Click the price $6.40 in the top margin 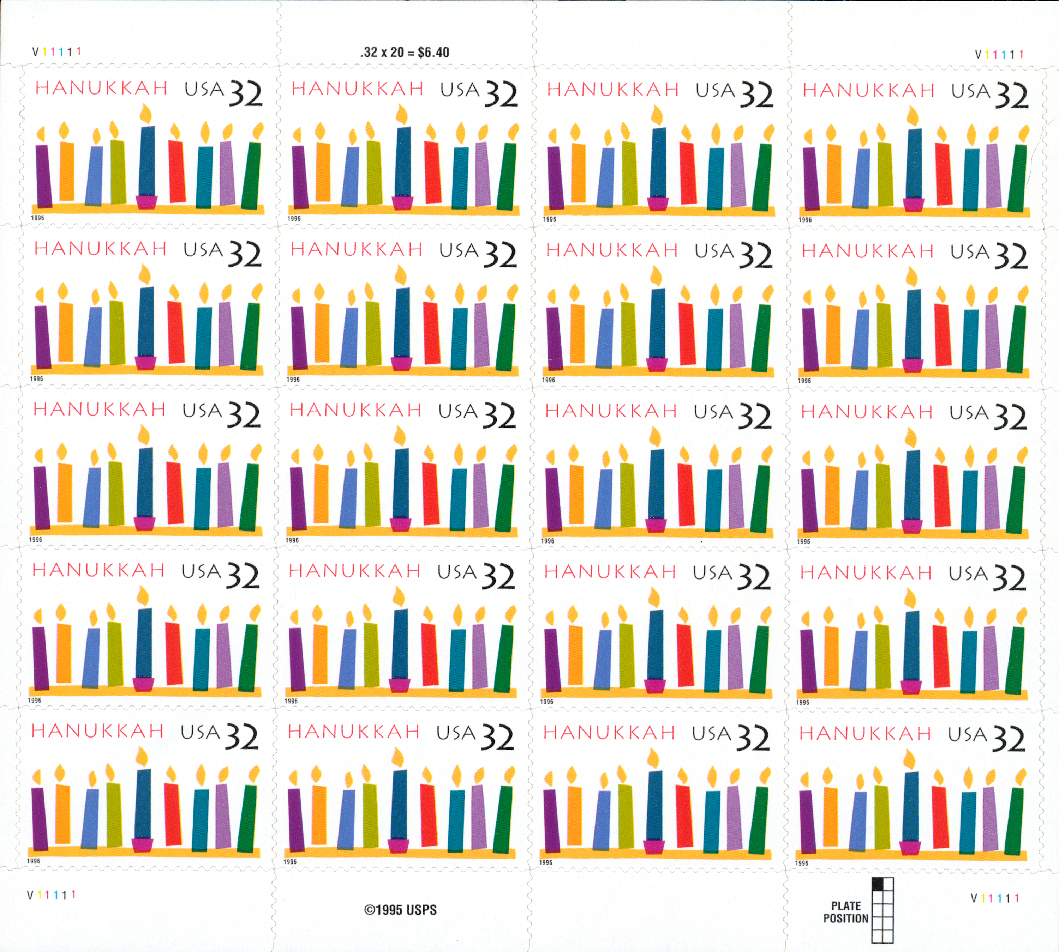tap(433, 52)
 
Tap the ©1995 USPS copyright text tap(400, 910)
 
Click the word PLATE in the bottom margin tap(846, 906)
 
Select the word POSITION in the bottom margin tap(845, 918)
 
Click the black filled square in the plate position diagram tap(877, 884)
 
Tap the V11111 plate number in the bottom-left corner tap(51, 895)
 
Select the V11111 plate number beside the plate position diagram tap(995, 898)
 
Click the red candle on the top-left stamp tap(177, 171)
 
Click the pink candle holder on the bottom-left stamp tap(142, 845)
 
